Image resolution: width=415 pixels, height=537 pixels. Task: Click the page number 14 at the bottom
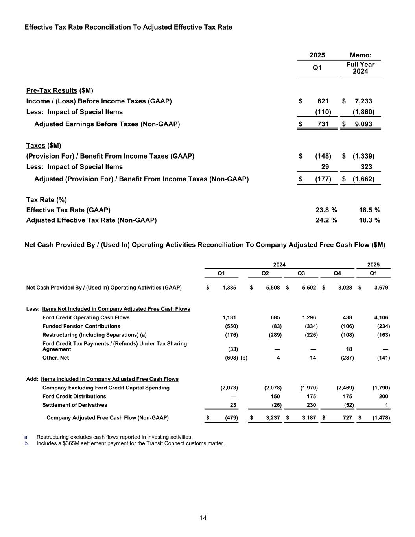203,518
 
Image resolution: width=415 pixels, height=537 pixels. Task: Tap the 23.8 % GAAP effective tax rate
326,210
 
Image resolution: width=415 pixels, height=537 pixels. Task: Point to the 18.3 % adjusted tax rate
369,220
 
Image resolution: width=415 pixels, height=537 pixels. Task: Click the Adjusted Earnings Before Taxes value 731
323,124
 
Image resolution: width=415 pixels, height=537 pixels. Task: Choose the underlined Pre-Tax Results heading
52,90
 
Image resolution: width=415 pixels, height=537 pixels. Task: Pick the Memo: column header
360,55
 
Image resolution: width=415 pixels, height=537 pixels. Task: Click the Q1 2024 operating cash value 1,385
229,288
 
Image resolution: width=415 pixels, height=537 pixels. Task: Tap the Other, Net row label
55,358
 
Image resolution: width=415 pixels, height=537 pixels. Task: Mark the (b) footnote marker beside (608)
244,358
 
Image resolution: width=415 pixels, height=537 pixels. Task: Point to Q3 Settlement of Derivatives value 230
311,405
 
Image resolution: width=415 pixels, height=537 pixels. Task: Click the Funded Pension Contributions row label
81,326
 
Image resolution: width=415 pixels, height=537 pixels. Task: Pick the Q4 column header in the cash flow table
337,273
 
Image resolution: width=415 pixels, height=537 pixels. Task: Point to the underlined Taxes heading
35,146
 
